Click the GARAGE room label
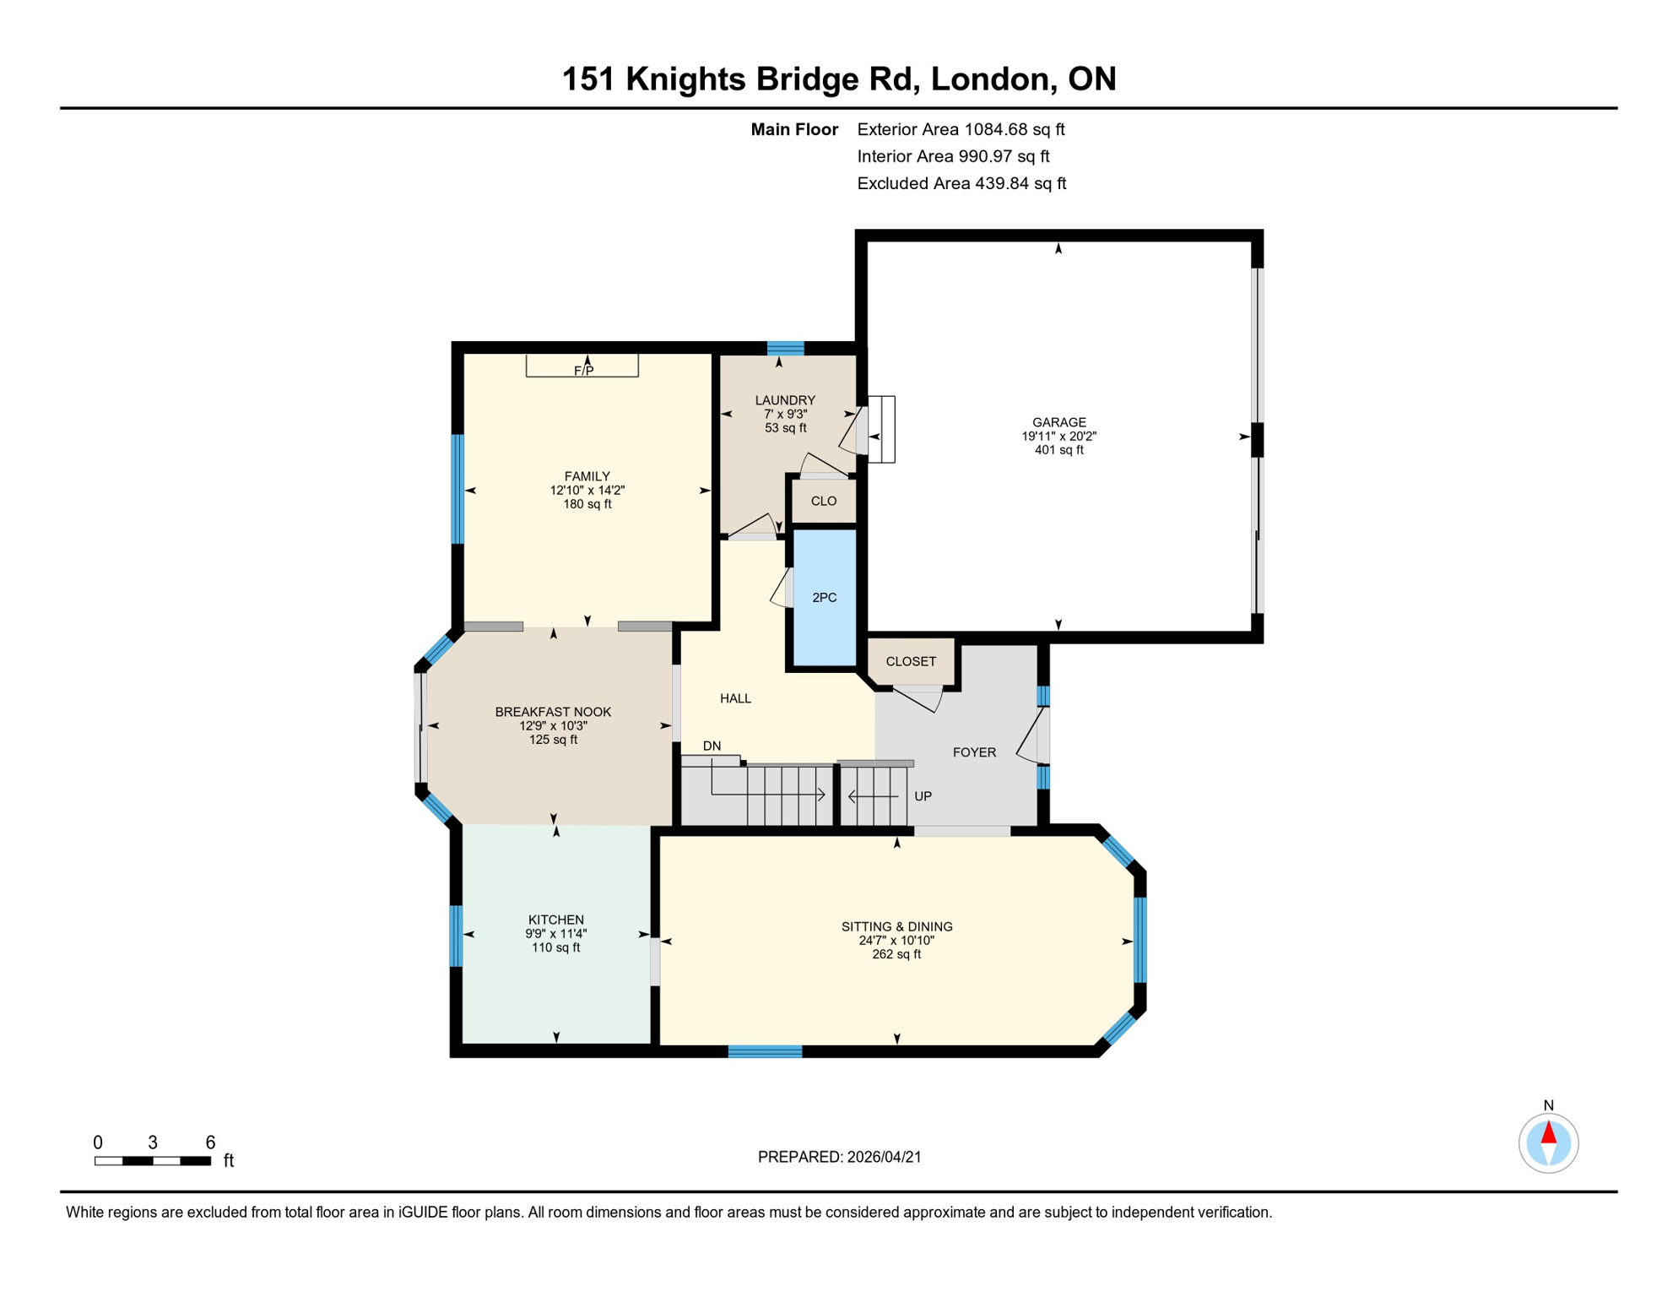coord(1058,422)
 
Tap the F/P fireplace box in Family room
coord(582,366)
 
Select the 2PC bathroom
coord(824,598)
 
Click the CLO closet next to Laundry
coord(824,502)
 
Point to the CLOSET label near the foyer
coord(911,662)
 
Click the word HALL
coord(735,698)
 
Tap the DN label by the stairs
coord(712,746)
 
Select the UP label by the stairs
coord(923,796)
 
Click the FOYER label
coord(974,752)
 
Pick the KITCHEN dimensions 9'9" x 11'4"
coord(555,934)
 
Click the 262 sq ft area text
coord(896,955)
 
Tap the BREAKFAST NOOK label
coord(553,712)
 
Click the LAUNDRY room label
coord(785,400)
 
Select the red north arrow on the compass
coord(1548,1133)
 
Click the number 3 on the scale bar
coord(153,1142)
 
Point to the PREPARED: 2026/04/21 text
coord(839,1157)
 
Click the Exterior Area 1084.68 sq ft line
coord(961,129)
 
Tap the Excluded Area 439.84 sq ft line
coord(961,183)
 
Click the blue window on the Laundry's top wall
coord(785,348)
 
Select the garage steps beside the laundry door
coord(881,429)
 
